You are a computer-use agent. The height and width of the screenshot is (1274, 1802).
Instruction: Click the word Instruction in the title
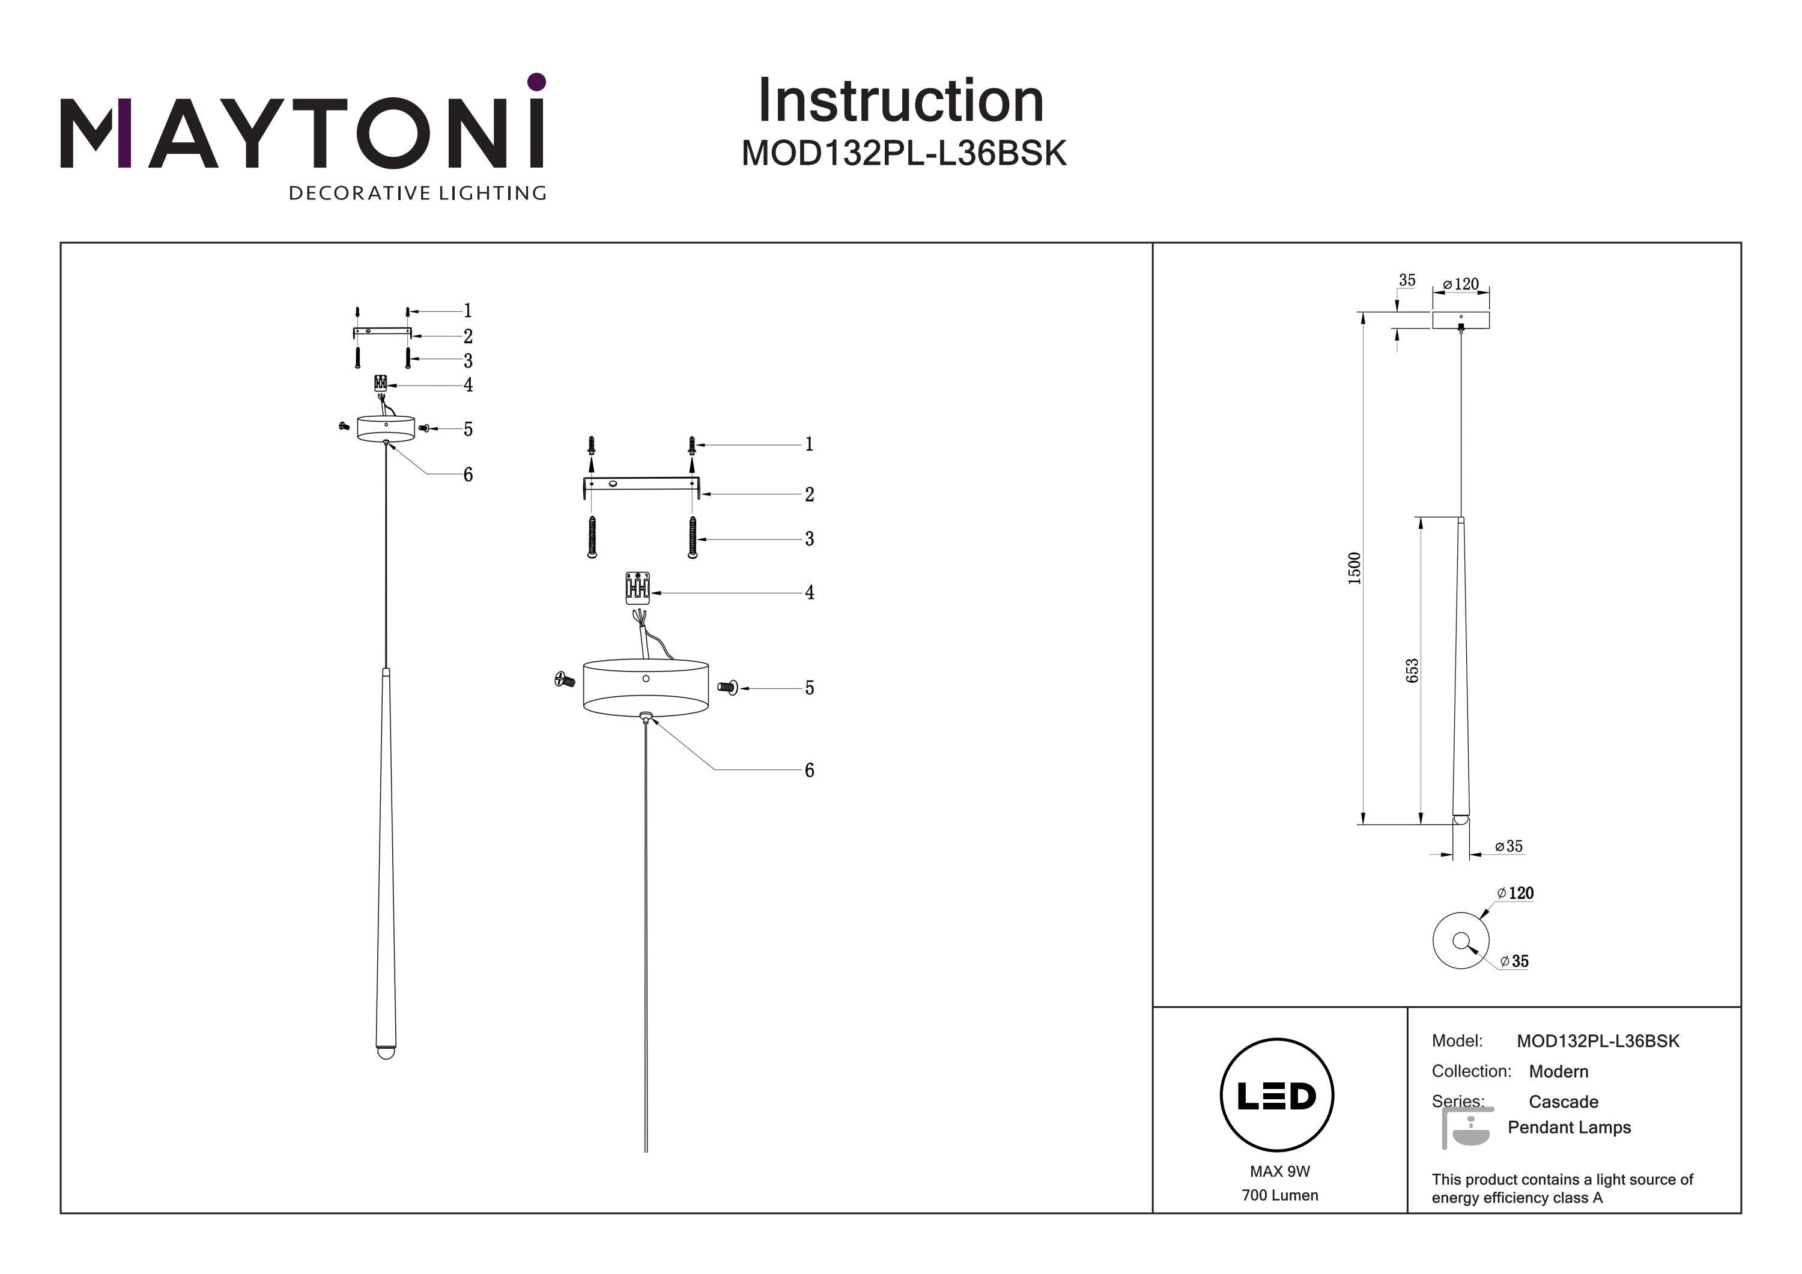coord(900,102)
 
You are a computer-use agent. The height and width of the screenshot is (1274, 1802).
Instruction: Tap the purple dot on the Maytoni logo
coord(537,82)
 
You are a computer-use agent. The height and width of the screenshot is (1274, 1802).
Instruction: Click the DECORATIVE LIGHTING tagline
coord(417,193)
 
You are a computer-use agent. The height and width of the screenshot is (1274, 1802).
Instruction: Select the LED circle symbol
coord(1277,1095)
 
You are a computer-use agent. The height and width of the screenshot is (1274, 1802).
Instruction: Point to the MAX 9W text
coord(1280,1171)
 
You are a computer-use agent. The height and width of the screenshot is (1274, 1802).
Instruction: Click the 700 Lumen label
coord(1280,1195)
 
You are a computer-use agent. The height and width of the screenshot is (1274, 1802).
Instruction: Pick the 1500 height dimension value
coord(1355,568)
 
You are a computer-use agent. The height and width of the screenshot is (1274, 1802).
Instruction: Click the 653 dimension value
coord(1412,670)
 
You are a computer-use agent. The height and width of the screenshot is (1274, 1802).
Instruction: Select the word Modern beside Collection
coord(1559,1072)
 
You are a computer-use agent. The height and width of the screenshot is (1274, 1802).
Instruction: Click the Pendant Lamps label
coord(1569,1127)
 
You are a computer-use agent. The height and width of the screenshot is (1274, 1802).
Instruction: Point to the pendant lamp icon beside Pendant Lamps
coord(1466,1129)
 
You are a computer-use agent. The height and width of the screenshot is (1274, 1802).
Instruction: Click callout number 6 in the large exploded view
coord(809,771)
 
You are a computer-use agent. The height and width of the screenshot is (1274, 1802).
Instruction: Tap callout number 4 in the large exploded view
coord(809,593)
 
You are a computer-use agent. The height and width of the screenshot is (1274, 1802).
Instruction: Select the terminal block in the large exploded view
coord(637,588)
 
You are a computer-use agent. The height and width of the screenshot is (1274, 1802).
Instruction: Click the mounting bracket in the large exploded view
coord(640,484)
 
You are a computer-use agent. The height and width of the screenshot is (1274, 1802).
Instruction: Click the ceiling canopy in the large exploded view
coord(645,688)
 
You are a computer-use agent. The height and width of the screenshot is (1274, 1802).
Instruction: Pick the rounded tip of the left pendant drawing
coord(386,1052)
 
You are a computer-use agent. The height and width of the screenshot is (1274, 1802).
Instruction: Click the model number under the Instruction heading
coord(903,154)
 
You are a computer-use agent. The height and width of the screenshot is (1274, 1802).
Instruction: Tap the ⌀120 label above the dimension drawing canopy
coord(1461,284)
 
